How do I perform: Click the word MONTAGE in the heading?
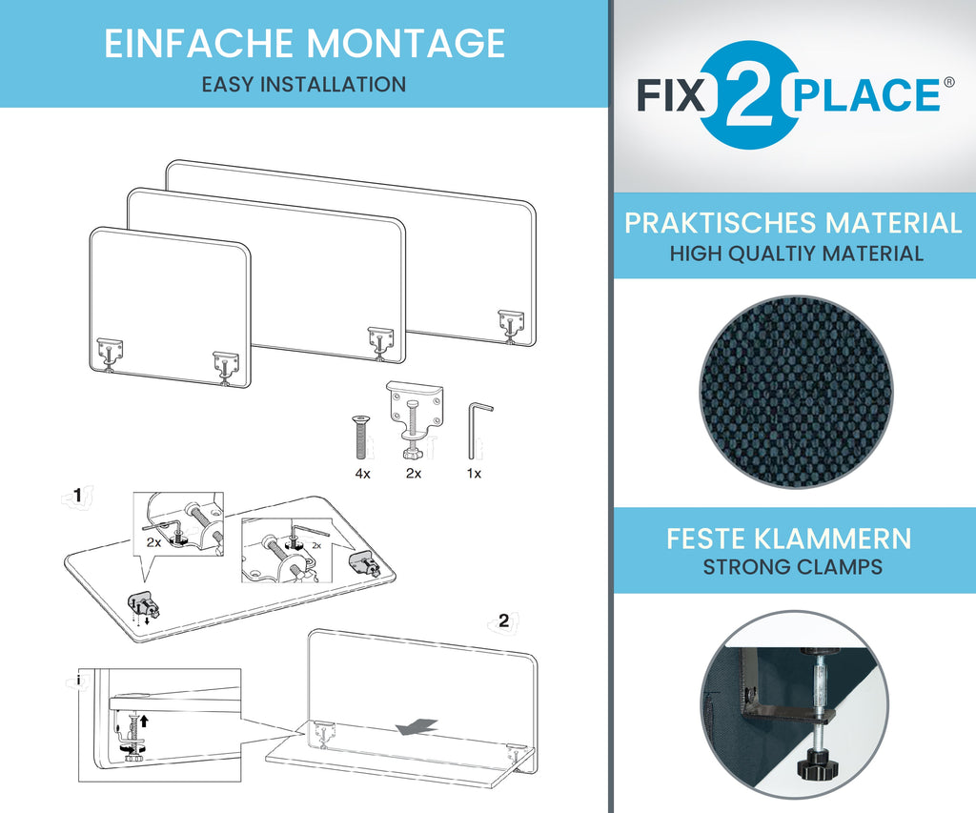[405, 43]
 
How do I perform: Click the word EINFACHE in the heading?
[198, 43]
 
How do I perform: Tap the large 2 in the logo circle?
[749, 95]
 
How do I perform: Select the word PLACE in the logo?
[865, 95]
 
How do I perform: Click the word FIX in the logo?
[671, 95]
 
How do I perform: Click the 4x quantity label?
[363, 474]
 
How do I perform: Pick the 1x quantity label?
[474, 474]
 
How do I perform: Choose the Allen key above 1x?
[478, 431]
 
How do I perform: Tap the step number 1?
[78, 495]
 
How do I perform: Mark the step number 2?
[503, 620]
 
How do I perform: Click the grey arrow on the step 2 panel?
[417, 726]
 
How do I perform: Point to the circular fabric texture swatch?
[796, 392]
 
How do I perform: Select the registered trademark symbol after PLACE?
[948, 82]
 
